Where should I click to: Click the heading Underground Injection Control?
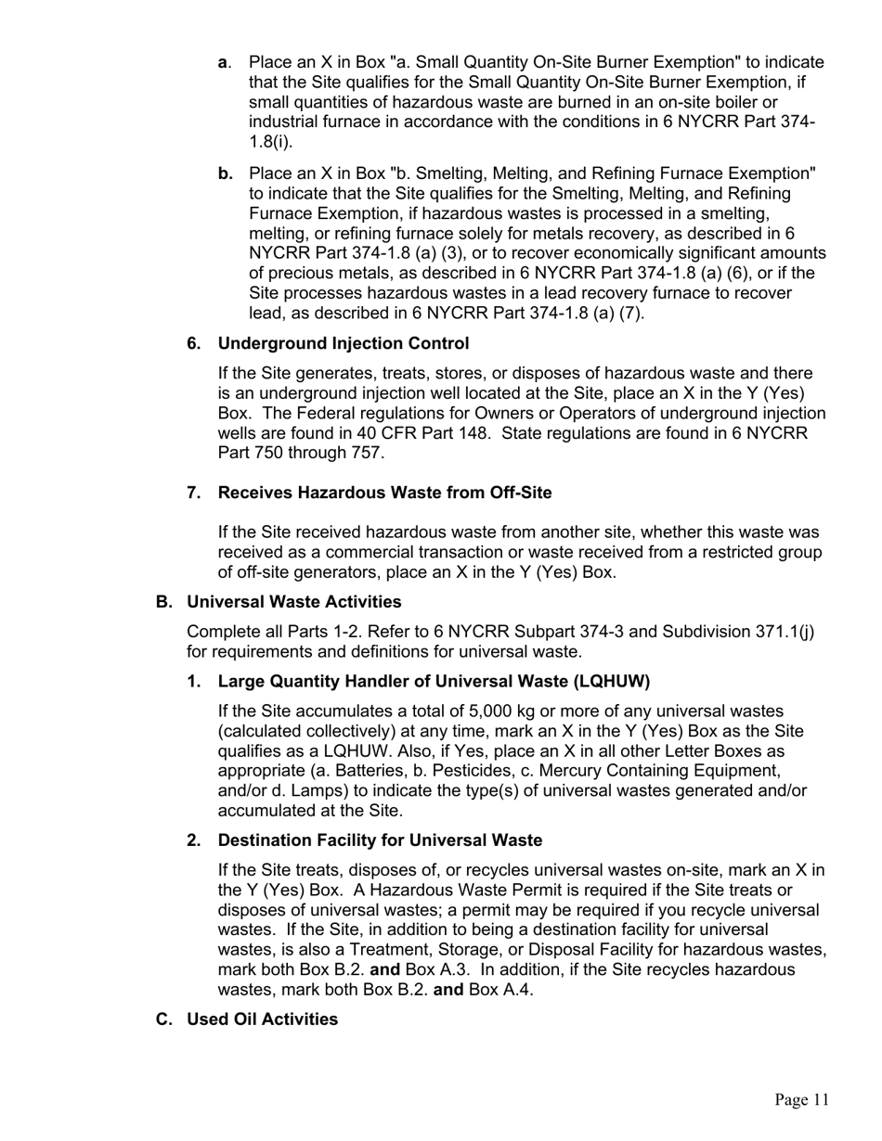(x=343, y=343)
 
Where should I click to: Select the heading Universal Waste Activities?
(x=294, y=602)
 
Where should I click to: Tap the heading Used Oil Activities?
(x=262, y=1019)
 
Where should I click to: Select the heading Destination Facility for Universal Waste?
(x=380, y=840)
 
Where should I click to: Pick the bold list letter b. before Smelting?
(x=226, y=173)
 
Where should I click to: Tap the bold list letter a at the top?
(x=224, y=62)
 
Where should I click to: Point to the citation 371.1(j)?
(x=784, y=632)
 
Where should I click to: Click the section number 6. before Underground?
(x=194, y=343)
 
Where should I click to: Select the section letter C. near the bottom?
(x=164, y=1019)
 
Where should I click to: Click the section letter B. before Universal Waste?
(x=164, y=602)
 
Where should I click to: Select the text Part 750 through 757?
(x=301, y=454)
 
